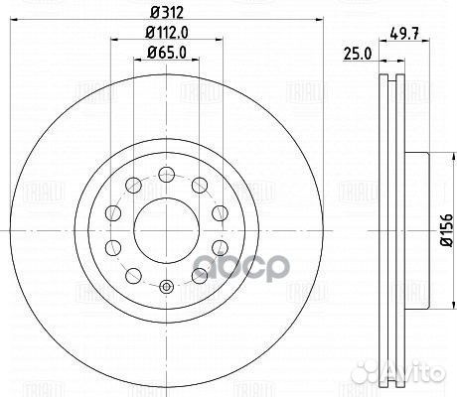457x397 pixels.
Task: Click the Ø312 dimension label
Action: (167, 13)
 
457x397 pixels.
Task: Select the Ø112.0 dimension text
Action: (167, 33)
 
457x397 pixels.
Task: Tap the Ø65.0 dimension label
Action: (167, 53)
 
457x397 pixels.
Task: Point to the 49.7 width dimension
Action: (404, 33)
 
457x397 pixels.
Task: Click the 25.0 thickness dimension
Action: (358, 54)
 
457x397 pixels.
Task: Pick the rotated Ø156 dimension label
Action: (447, 230)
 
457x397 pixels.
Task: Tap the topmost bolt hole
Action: (167, 175)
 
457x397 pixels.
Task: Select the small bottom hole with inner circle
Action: (166, 287)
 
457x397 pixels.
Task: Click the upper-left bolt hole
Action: (133, 186)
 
